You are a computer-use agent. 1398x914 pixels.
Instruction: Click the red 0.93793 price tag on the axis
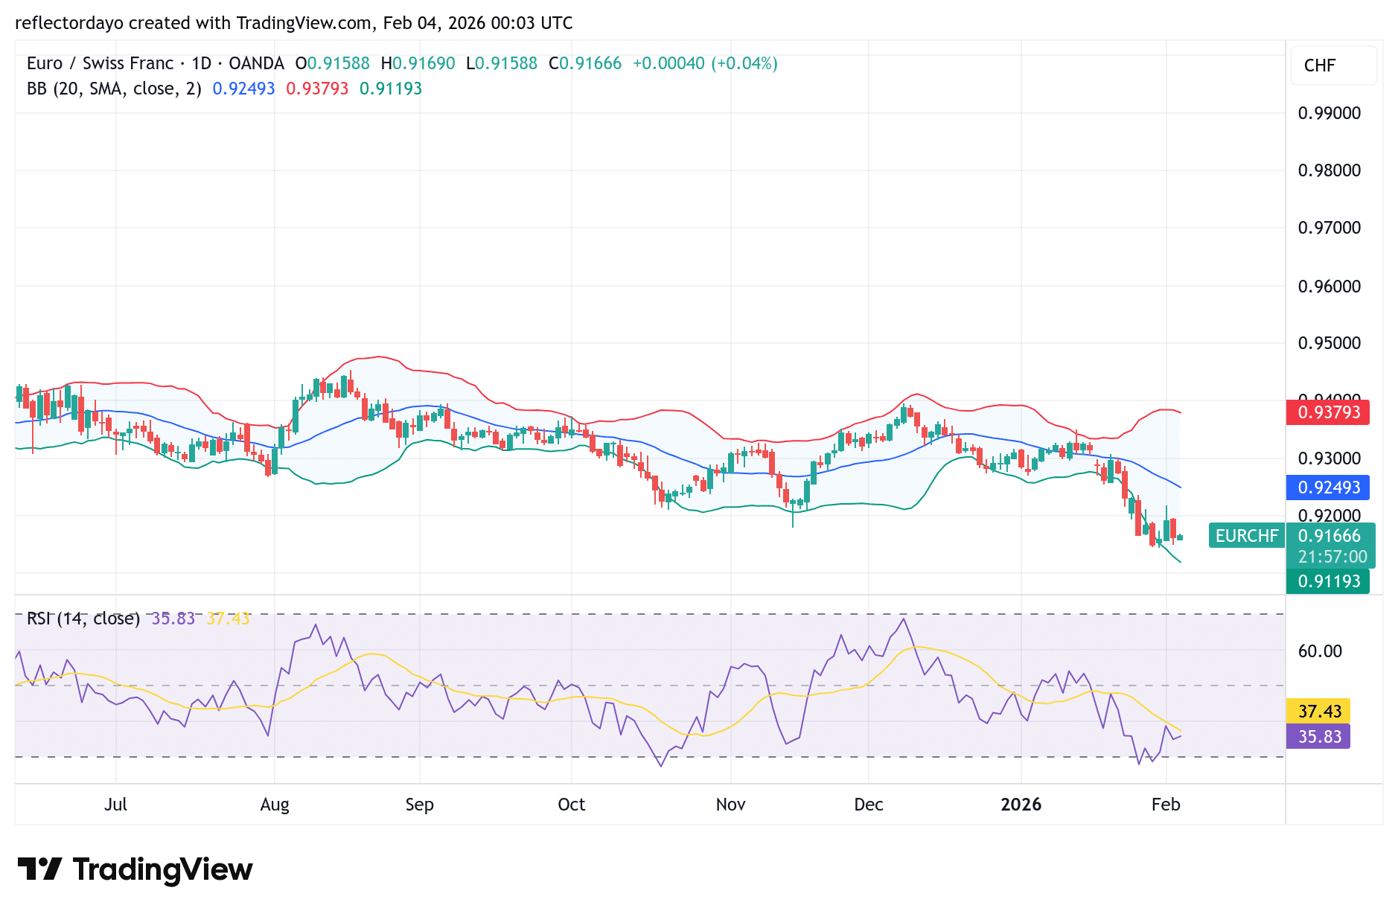(1328, 412)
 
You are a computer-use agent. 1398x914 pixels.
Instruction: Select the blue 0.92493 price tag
(1328, 488)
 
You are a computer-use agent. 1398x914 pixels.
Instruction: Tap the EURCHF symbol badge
(1246, 536)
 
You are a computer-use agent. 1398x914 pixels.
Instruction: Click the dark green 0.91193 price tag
(1328, 581)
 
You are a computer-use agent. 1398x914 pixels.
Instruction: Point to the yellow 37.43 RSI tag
(1318, 712)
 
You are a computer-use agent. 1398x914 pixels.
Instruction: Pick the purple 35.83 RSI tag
(1318, 737)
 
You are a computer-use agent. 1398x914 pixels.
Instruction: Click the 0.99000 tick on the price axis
(1329, 113)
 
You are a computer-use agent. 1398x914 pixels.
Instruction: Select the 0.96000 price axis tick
(1329, 287)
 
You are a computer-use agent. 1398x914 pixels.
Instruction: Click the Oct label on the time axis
(571, 805)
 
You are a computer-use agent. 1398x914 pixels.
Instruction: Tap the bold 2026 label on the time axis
(1021, 805)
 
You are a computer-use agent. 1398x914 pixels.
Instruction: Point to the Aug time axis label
(275, 805)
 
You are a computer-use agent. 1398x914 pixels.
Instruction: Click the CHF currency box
(1320, 65)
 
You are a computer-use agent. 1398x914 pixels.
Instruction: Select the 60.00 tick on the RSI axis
(1320, 651)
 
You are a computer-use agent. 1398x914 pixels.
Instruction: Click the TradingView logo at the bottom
(135, 869)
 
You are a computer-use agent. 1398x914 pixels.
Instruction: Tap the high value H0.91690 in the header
(418, 63)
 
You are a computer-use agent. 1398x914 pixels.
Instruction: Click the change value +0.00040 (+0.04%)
(705, 63)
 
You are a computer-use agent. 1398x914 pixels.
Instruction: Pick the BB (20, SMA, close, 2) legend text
(114, 89)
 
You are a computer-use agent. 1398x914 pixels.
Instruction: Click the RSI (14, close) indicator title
(83, 619)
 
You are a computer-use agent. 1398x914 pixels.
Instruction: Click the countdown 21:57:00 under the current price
(1332, 557)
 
